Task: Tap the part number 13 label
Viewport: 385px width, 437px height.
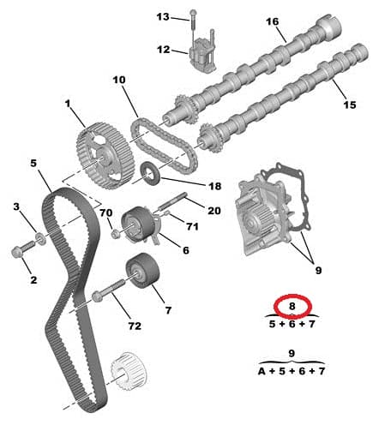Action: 163,16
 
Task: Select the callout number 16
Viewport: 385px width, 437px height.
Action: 273,22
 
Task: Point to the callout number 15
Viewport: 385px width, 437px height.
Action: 349,105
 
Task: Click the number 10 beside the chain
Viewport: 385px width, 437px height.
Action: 118,80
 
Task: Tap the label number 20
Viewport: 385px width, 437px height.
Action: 214,210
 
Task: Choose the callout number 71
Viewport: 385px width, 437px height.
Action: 191,226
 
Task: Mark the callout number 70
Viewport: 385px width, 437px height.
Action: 105,213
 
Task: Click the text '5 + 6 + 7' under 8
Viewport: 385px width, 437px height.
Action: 292,324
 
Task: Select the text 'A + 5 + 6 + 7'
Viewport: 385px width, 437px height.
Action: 292,371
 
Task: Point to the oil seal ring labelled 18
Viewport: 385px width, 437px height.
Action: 151,173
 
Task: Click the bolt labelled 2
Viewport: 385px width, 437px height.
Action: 21,252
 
